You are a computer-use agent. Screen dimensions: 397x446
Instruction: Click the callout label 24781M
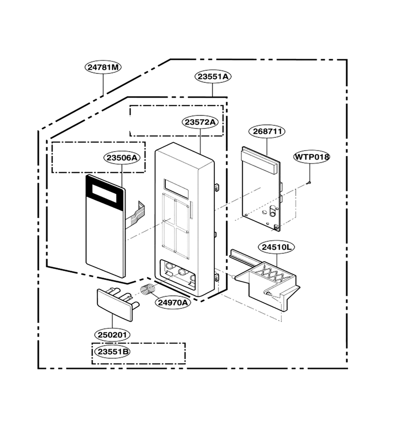(103, 67)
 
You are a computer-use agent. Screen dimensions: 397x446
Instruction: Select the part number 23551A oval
(213, 76)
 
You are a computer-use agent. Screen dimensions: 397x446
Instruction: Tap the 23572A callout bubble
(200, 122)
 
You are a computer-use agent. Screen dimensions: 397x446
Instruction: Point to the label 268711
(267, 131)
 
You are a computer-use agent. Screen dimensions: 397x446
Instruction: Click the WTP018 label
(312, 157)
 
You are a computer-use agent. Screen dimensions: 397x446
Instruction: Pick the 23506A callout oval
(122, 158)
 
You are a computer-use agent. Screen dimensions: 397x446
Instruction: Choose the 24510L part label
(276, 247)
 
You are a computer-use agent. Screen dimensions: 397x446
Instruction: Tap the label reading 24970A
(173, 302)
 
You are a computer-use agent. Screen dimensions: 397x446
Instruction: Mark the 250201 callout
(112, 335)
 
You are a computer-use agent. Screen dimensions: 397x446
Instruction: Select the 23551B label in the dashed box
(113, 352)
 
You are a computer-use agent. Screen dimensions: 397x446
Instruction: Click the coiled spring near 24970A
(148, 290)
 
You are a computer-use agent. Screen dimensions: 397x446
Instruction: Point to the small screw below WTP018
(310, 183)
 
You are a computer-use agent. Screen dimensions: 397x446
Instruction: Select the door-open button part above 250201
(117, 303)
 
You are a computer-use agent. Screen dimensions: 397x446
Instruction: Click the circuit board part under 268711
(261, 189)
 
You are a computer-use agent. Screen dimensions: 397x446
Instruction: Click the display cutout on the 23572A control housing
(176, 189)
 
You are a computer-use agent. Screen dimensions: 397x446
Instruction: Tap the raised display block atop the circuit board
(259, 161)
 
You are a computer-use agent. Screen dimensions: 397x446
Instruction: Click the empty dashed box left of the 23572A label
(177, 120)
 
